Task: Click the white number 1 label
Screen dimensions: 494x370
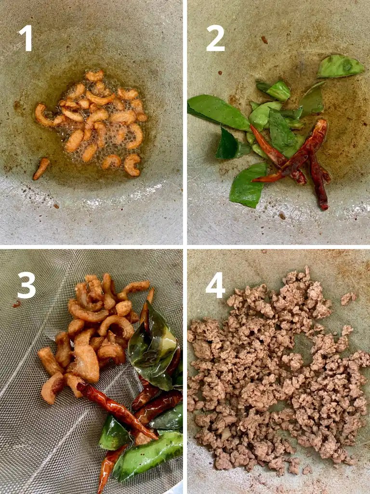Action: [x=26, y=38]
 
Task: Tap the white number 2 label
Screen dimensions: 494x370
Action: [x=215, y=38]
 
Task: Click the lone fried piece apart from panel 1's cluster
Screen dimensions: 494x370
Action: [x=41, y=168]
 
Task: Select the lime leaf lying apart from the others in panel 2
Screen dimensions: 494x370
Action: [x=340, y=67]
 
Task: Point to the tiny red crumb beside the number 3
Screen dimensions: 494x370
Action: [x=16, y=304]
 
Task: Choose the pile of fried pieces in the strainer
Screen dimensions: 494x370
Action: [x=92, y=333]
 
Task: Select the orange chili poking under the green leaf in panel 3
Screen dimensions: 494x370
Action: [x=108, y=466]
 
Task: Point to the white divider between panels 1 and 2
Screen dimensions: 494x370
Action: [x=185, y=121]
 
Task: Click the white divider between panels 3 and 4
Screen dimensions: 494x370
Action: [x=185, y=371]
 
